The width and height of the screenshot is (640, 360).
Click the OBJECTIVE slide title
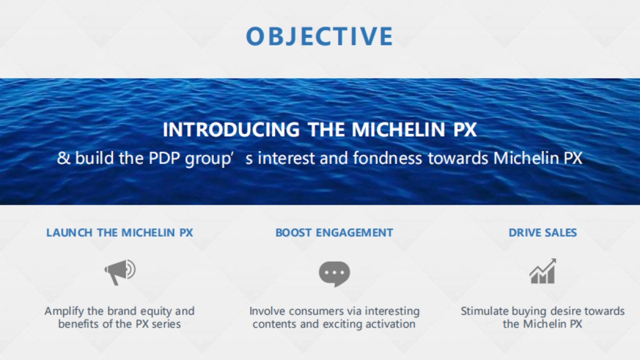319,36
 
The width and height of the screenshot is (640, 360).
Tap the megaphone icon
119,273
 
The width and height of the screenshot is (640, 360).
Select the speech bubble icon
334,274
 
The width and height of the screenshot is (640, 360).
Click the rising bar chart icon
542,271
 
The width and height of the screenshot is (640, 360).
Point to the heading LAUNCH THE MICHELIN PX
119,233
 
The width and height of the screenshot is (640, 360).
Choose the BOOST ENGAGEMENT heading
334,233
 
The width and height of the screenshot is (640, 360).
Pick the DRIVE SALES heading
542,233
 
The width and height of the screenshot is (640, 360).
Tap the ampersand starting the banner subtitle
63,158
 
